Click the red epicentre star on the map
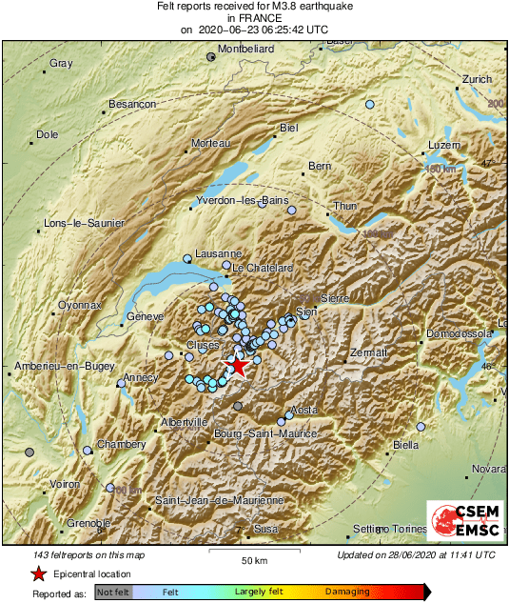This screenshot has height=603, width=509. pyautogui.click(x=237, y=366)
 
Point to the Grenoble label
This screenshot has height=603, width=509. pyautogui.click(x=88, y=522)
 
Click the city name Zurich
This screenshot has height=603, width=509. pyautogui.click(x=476, y=79)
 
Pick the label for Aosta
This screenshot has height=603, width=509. pyautogui.click(x=303, y=410)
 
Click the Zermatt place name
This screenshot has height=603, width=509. pyautogui.click(x=369, y=352)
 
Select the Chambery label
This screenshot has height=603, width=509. pyautogui.click(x=123, y=445)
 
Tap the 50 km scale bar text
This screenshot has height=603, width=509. pyautogui.click(x=252, y=560)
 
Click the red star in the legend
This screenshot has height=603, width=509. pyautogui.click(x=38, y=573)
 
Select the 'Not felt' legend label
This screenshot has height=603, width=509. pyautogui.click(x=113, y=592)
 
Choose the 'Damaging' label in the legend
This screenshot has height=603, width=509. pyautogui.click(x=347, y=592)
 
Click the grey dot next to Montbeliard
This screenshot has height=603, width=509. pyautogui.click(x=211, y=57)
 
